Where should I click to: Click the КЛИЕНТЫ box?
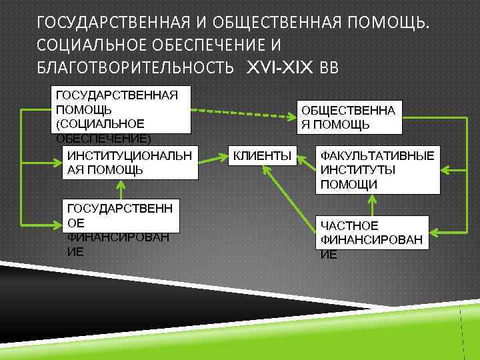pos(262,156)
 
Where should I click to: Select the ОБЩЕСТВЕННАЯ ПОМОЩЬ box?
pos(347,118)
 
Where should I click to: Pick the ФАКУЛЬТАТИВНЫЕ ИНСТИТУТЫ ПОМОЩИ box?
pos(377,169)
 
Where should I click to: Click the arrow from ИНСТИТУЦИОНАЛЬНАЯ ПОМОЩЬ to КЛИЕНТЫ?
pos(211,159)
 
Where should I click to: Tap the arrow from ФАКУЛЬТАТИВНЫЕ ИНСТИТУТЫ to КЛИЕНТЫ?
pos(305,157)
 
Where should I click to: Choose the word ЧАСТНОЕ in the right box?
pos(349,226)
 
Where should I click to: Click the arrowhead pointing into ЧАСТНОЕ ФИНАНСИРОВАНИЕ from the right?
pos(433,233)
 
